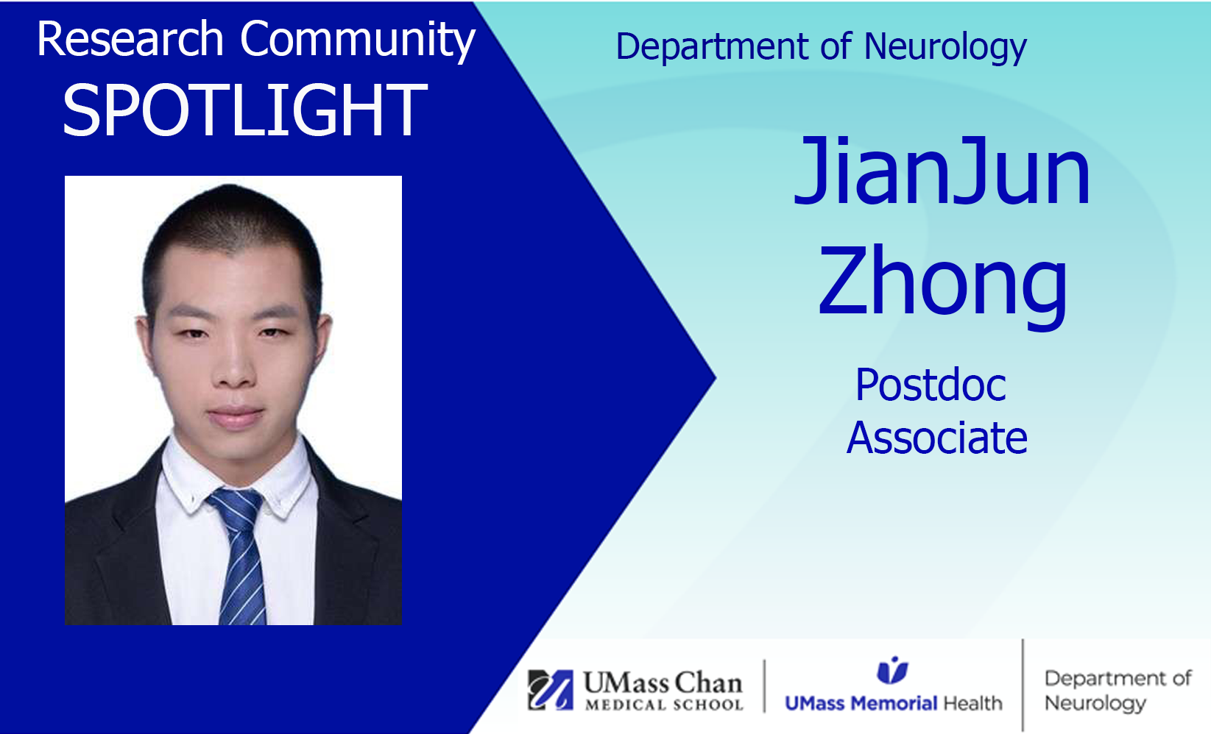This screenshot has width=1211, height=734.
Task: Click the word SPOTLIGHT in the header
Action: pyautogui.click(x=245, y=110)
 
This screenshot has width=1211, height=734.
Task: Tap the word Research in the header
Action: pyautogui.click(x=130, y=39)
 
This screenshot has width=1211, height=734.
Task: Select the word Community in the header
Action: pyautogui.click(x=357, y=41)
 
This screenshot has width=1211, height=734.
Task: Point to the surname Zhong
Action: pyautogui.click(x=943, y=284)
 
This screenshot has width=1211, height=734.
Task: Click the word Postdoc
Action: pyautogui.click(x=931, y=385)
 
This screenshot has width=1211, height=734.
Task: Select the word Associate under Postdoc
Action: pyautogui.click(x=937, y=438)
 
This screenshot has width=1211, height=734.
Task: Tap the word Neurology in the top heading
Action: pyautogui.click(x=945, y=48)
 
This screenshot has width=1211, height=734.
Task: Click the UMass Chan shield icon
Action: pyautogui.click(x=551, y=690)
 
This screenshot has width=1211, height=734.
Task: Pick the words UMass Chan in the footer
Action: pyautogui.click(x=663, y=683)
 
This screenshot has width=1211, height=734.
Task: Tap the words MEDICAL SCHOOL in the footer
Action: pyautogui.click(x=665, y=705)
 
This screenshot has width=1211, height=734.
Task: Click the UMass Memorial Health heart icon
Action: pyautogui.click(x=892, y=670)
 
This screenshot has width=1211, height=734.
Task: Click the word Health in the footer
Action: pyautogui.click(x=972, y=703)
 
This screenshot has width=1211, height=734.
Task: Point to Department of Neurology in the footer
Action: pyautogui.click(x=1118, y=691)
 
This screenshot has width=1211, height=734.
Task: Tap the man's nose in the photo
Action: pyautogui.click(x=234, y=367)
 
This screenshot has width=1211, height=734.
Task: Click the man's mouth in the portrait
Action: pyautogui.click(x=236, y=416)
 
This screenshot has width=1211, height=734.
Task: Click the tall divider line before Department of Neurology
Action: pyautogui.click(x=1023, y=685)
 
